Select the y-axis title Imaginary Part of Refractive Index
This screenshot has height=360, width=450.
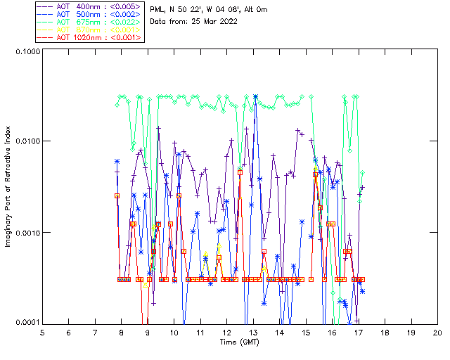coord(9,187)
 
